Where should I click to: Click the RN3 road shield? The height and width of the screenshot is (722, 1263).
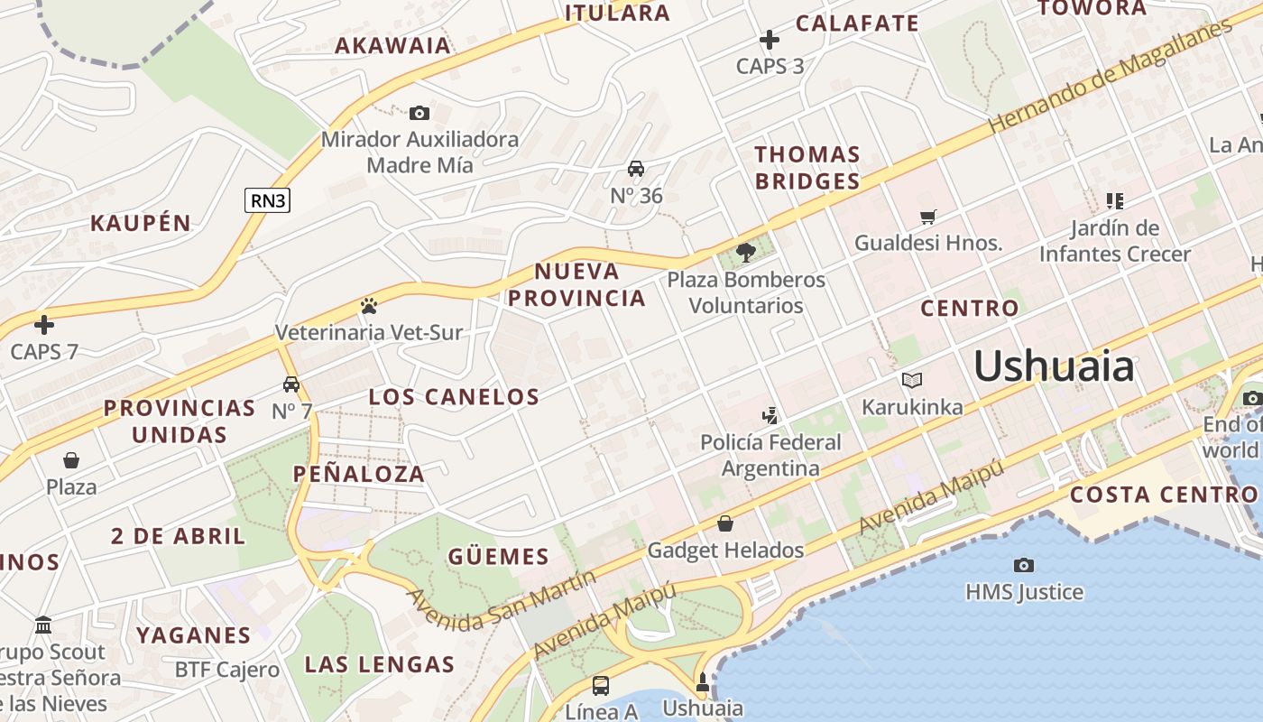point(268,199)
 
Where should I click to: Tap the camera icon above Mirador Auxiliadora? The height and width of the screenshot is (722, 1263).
point(419,113)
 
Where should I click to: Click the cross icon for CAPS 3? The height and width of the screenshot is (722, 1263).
point(769,40)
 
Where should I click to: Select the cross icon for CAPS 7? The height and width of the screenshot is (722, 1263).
point(43,325)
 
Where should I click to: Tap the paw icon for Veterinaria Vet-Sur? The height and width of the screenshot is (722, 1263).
point(368,306)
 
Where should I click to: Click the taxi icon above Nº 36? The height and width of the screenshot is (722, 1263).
point(636,169)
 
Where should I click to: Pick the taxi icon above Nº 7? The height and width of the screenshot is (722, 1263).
point(290,384)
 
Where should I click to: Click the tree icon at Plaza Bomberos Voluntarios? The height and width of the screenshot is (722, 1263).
point(745,253)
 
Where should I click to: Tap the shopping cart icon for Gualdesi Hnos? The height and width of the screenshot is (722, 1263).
point(927,217)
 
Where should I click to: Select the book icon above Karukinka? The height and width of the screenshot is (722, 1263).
point(911,380)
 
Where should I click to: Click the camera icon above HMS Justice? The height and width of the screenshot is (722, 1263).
point(1023,565)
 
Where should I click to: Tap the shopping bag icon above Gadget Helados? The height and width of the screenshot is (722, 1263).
point(724,523)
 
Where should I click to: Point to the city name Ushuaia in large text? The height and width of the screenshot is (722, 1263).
point(1054,367)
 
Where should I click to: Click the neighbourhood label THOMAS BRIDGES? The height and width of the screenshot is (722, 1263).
point(807,168)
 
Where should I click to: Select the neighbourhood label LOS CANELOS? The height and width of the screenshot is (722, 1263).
point(454,396)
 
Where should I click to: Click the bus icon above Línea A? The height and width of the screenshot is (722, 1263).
point(600,685)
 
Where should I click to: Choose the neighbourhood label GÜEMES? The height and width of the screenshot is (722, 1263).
point(498,557)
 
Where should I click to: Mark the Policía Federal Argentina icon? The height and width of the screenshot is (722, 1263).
point(770,416)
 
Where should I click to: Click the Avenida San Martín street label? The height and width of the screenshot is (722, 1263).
point(502,599)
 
